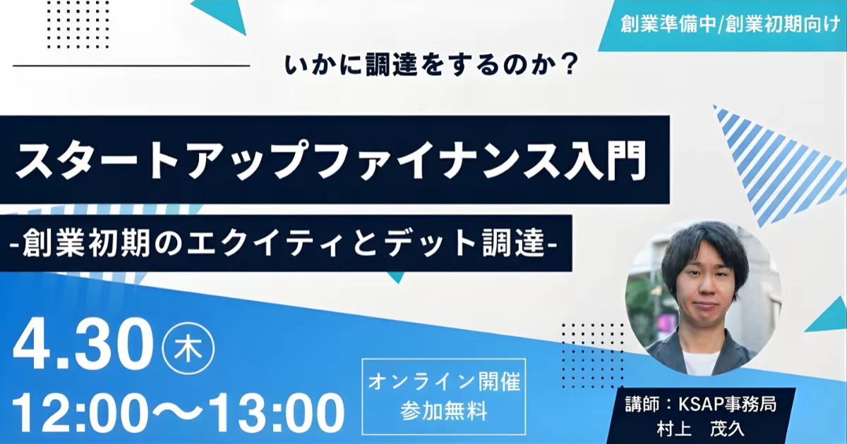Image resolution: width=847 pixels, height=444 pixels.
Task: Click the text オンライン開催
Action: pos(444,382)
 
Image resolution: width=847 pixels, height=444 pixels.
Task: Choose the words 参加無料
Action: pos(444,411)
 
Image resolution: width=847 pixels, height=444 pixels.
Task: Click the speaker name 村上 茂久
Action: pos(701,429)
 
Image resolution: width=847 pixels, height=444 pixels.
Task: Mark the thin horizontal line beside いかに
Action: pos(131,66)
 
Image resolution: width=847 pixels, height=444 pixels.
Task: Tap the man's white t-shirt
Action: pos(700,362)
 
